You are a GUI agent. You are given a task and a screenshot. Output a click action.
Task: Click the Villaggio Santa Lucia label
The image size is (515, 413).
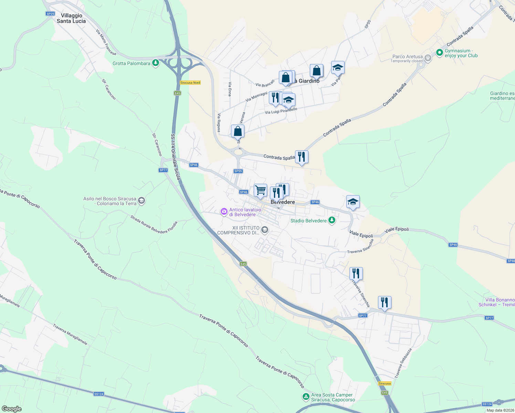click(x=71, y=18)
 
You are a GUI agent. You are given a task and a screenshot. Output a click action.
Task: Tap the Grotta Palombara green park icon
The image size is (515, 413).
click(x=156, y=63)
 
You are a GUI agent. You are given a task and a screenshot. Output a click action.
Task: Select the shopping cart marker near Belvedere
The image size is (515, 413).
click(x=260, y=190)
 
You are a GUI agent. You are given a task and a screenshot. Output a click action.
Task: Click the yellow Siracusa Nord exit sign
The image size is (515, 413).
click(x=190, y=83)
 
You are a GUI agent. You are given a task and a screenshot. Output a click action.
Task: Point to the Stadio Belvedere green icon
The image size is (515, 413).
click(x=332, y=220)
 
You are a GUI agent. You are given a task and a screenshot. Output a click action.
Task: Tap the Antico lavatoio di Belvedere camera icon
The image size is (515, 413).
click(x=224, y=212)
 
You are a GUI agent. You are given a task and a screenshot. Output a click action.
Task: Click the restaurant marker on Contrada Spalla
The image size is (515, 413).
click(x=302, y=157)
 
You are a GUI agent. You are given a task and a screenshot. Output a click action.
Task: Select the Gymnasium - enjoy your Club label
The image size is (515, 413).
click(x=461, y=53)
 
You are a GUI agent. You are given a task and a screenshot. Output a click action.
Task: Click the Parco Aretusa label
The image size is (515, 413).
click(x=408, y=57)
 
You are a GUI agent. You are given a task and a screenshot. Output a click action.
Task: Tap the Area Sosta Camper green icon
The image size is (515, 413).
click(x=305, y=397)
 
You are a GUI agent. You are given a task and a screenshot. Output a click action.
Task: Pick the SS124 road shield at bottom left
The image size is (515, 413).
click(x=98, y=394)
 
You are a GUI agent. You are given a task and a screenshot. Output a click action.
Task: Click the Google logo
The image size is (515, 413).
click(x=12, y=409)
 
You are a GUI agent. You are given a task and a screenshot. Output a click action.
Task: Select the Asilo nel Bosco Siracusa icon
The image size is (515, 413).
click(x=141, y=201)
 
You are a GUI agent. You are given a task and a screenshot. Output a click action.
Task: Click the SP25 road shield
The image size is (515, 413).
click(x=50, y=14)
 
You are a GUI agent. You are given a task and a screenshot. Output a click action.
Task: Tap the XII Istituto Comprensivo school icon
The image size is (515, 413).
click(x=264, y=230)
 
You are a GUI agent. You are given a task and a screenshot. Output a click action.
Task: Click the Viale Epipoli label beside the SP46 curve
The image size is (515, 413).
click(x=361, y=234)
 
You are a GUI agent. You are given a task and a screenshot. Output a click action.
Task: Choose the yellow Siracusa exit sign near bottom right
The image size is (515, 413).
click(x=385, y=383)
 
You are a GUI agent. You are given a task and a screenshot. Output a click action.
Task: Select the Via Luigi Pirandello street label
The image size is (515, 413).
click(x=281, y=111)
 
